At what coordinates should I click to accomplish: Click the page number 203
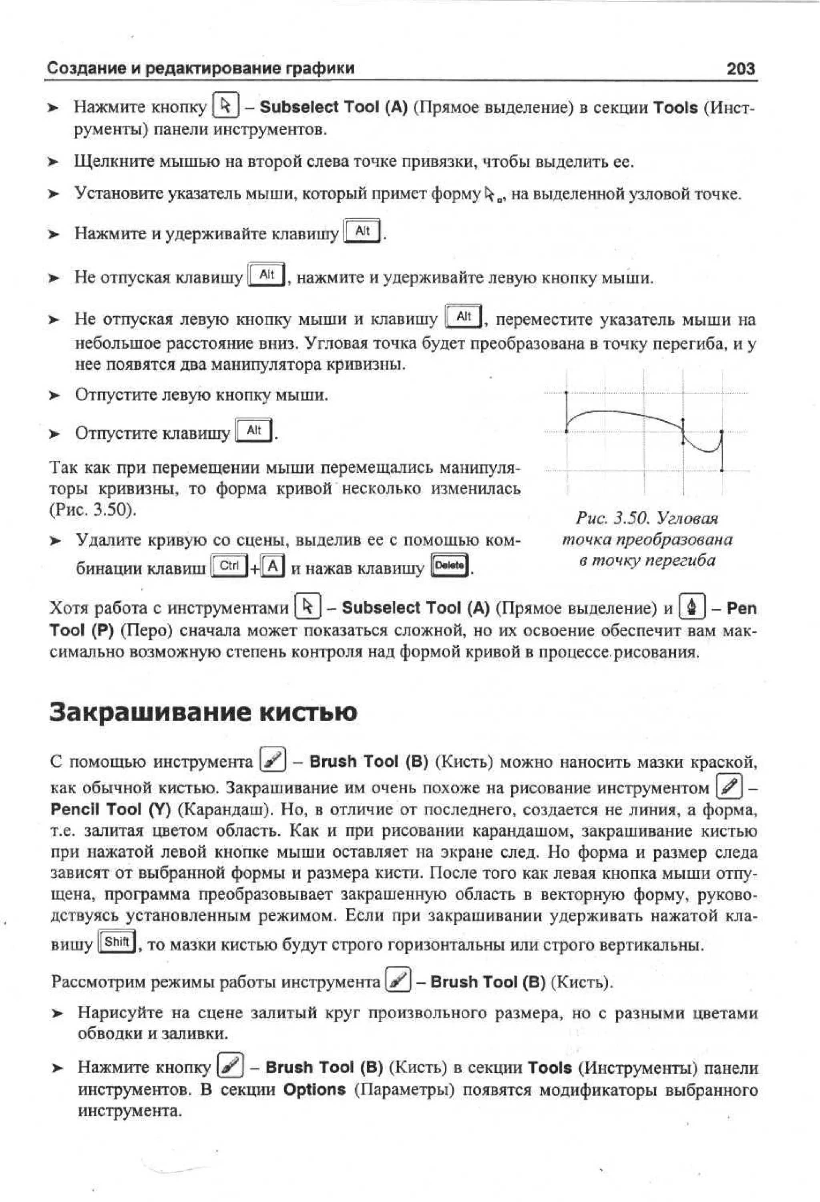pos(740,69)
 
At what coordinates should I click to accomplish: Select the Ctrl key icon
pos(229,566)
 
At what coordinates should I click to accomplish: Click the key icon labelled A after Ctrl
pos(273,566)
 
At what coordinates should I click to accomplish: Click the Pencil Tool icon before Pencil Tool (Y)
pos(730,787)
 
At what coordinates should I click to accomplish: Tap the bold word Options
pos(314,1090)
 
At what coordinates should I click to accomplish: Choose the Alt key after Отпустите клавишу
pos(253,430)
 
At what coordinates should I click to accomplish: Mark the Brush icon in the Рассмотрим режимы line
pos(398,981)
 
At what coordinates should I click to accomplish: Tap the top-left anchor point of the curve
pos(567,393)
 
